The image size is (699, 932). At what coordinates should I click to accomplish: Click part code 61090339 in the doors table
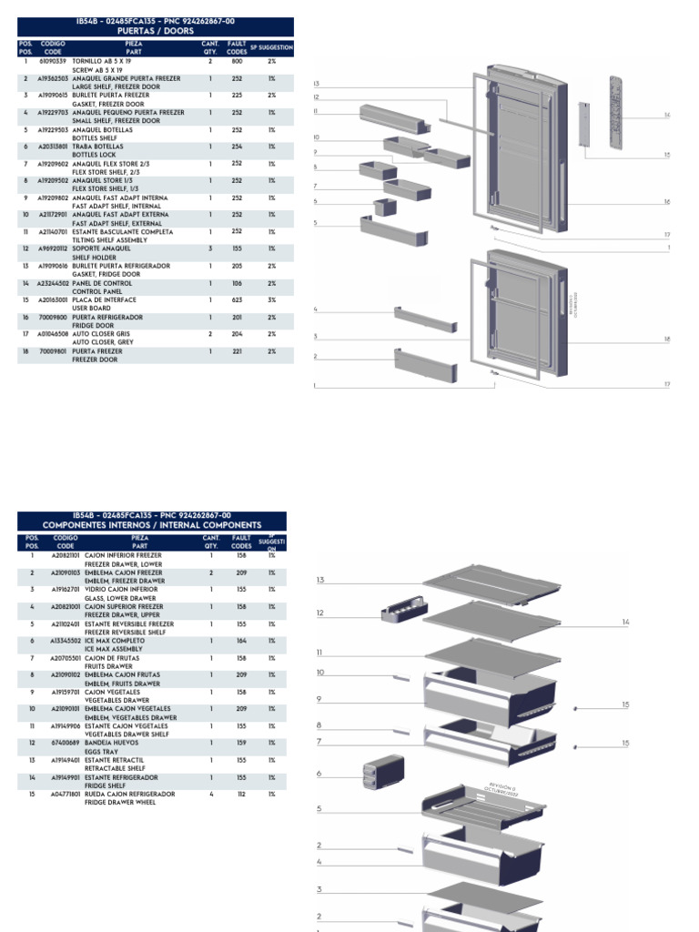point(52,61)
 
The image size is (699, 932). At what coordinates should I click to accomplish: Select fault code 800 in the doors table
point(237,61)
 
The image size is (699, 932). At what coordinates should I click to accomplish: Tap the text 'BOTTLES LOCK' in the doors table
point(94,155)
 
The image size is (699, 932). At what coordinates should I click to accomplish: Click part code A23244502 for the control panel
point(53,283)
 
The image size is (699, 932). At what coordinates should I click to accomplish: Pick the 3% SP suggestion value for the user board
point(271,299)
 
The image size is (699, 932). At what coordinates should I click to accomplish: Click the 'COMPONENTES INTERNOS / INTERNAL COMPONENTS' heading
point(152,525)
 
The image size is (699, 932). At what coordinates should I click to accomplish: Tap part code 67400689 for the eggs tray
point(65,744)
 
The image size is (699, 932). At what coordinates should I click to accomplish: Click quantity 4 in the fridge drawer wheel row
point(210,795)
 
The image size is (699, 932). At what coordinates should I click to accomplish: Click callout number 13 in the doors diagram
point(316,83)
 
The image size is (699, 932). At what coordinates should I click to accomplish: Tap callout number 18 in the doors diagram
point(666,339)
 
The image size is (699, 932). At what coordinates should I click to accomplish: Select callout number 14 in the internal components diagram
point(625,622)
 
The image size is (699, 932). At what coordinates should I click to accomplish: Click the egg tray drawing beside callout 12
point(400,608)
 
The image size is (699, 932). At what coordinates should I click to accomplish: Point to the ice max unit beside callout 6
point(375,774)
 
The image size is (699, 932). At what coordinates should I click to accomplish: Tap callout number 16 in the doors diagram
point(666,201)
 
